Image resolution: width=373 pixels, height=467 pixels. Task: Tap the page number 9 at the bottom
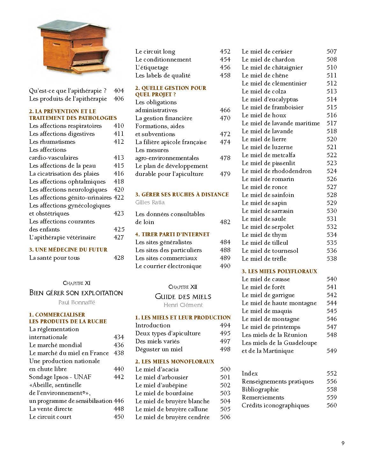click(342, 442)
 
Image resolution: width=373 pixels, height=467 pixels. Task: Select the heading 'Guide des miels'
click(183, 296)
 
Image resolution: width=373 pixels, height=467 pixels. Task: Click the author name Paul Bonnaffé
click(77, 302)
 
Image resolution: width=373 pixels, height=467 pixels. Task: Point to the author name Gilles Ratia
click(150, 202)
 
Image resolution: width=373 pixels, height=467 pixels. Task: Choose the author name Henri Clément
click(183, 305)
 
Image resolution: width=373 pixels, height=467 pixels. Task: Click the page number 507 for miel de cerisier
click(332, 51)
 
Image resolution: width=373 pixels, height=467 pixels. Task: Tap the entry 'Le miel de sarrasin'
click(267, 211)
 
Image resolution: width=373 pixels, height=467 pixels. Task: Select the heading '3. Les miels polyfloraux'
click(279, 271)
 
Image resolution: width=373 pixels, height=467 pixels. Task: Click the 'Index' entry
click(250, 373)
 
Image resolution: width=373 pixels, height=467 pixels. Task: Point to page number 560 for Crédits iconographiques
click(332, 405)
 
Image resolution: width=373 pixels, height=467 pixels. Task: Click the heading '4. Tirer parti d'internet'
click(172, 234)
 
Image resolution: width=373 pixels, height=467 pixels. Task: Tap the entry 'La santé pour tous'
click(54, 258)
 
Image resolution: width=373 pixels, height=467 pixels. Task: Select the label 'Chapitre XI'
click(77, 283)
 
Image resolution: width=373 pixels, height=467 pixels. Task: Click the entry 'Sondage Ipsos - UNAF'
click(60, 377)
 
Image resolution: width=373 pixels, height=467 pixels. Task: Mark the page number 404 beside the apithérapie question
click(119, 91)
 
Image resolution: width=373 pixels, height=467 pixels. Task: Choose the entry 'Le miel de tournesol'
click(270, 251)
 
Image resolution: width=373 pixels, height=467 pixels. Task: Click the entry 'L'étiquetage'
click(152, 67)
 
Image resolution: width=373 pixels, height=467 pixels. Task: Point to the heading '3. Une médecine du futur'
click(68, 250)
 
